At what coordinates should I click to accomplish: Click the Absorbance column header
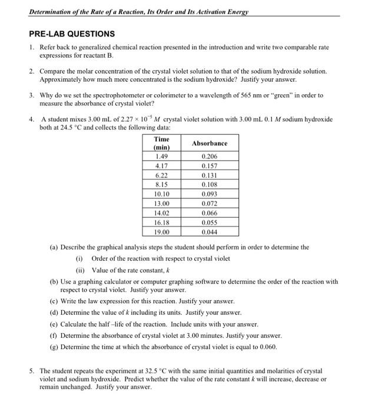click(x=209, y=143)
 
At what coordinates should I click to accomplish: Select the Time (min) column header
click(x=161, y=143)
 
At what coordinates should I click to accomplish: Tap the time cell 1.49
click(x=161, y=157)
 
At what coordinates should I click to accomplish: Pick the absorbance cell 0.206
click(x=209, y=157)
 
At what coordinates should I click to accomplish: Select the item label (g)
click(x=54, y=347)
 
